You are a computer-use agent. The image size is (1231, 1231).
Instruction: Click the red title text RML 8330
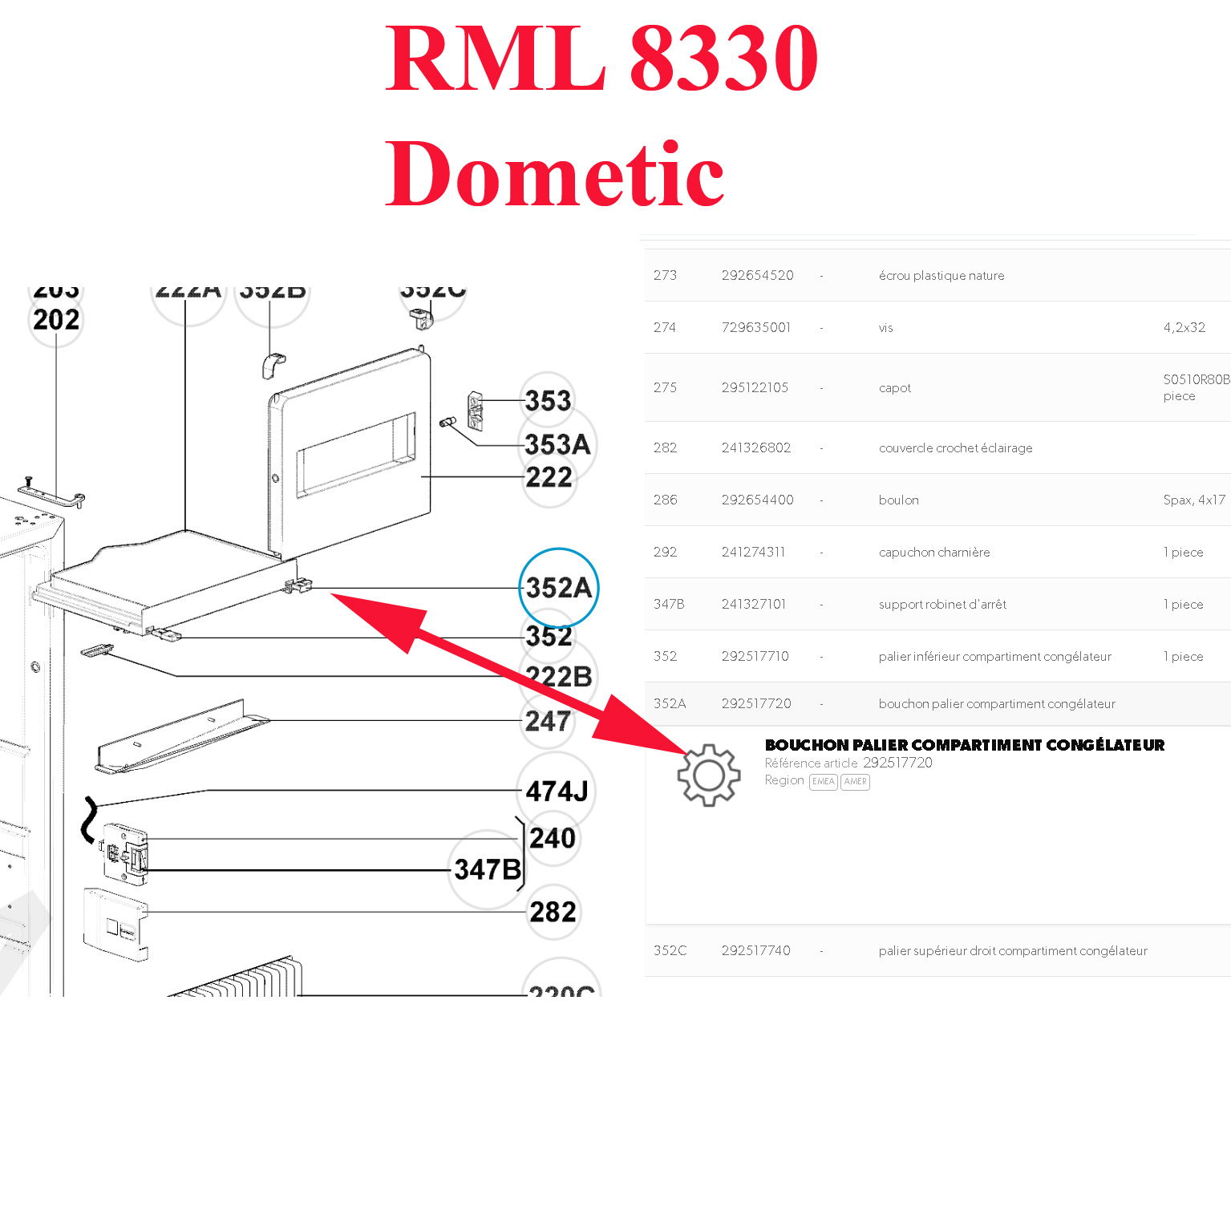[601, 58]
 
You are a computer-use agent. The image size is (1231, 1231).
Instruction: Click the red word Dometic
[555, 174]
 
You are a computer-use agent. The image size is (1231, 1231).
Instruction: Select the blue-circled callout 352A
[558, 588]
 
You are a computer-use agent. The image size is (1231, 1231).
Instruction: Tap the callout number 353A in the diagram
[557, 444]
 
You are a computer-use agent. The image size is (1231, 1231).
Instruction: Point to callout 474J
[557, 792]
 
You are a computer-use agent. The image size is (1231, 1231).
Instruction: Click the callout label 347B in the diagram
[488, 869]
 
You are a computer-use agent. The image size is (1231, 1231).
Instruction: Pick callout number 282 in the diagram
[553, 912]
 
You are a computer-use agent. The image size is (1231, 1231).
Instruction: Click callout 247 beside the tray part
[548, 721]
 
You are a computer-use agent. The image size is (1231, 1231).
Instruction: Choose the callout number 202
[56, 320]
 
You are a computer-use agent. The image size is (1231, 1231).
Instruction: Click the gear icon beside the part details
[708, 775]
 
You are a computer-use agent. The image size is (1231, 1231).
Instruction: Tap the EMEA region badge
[823, 782]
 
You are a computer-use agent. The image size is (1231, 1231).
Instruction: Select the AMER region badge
[855, 782]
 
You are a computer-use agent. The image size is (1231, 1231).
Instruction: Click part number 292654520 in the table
[757, 276]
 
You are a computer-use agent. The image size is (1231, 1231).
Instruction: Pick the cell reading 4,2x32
[1184, 328]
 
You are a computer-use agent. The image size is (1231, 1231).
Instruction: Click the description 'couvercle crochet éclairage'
[955, 448]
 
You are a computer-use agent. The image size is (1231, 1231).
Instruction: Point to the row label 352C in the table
[670, 951]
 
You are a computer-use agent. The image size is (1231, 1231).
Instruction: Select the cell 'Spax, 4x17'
[1194, 500]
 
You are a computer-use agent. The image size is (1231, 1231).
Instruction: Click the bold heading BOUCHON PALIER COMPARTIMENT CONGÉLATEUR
[964, 745]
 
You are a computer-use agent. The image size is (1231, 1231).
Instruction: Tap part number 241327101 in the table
[753, 605]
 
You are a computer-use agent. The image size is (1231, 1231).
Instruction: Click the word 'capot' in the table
[894, 388]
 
